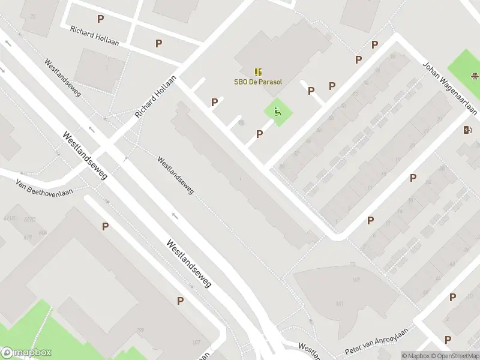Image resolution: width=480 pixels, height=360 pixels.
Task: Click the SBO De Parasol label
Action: pyautogui.click(x=258, y=82)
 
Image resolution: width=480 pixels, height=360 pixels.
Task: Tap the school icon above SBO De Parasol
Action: pyautogui.click(x=258, y=72)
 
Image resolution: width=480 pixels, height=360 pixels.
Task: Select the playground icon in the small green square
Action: pyautogui.click(x=277, y=111)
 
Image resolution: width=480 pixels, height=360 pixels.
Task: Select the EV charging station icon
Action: pyautogui.click(x=468, y=130)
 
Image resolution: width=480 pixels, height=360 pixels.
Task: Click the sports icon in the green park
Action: pyautogui.click(x=475, y=76)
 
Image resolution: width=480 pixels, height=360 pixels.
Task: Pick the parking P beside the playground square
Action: pyautogui.click(x=259, y=134)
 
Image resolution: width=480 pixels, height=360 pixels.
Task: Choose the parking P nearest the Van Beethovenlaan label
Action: pyautogui.click(x=106, y=227)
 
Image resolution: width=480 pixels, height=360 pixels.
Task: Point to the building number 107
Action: pyautogui.click(x=196, y=343)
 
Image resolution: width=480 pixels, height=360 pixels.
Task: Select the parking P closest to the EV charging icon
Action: pyautogui.click(x=413, y=178)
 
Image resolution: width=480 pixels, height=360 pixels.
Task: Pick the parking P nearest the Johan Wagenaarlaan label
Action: pyautogui.click(x=374, y=44)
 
